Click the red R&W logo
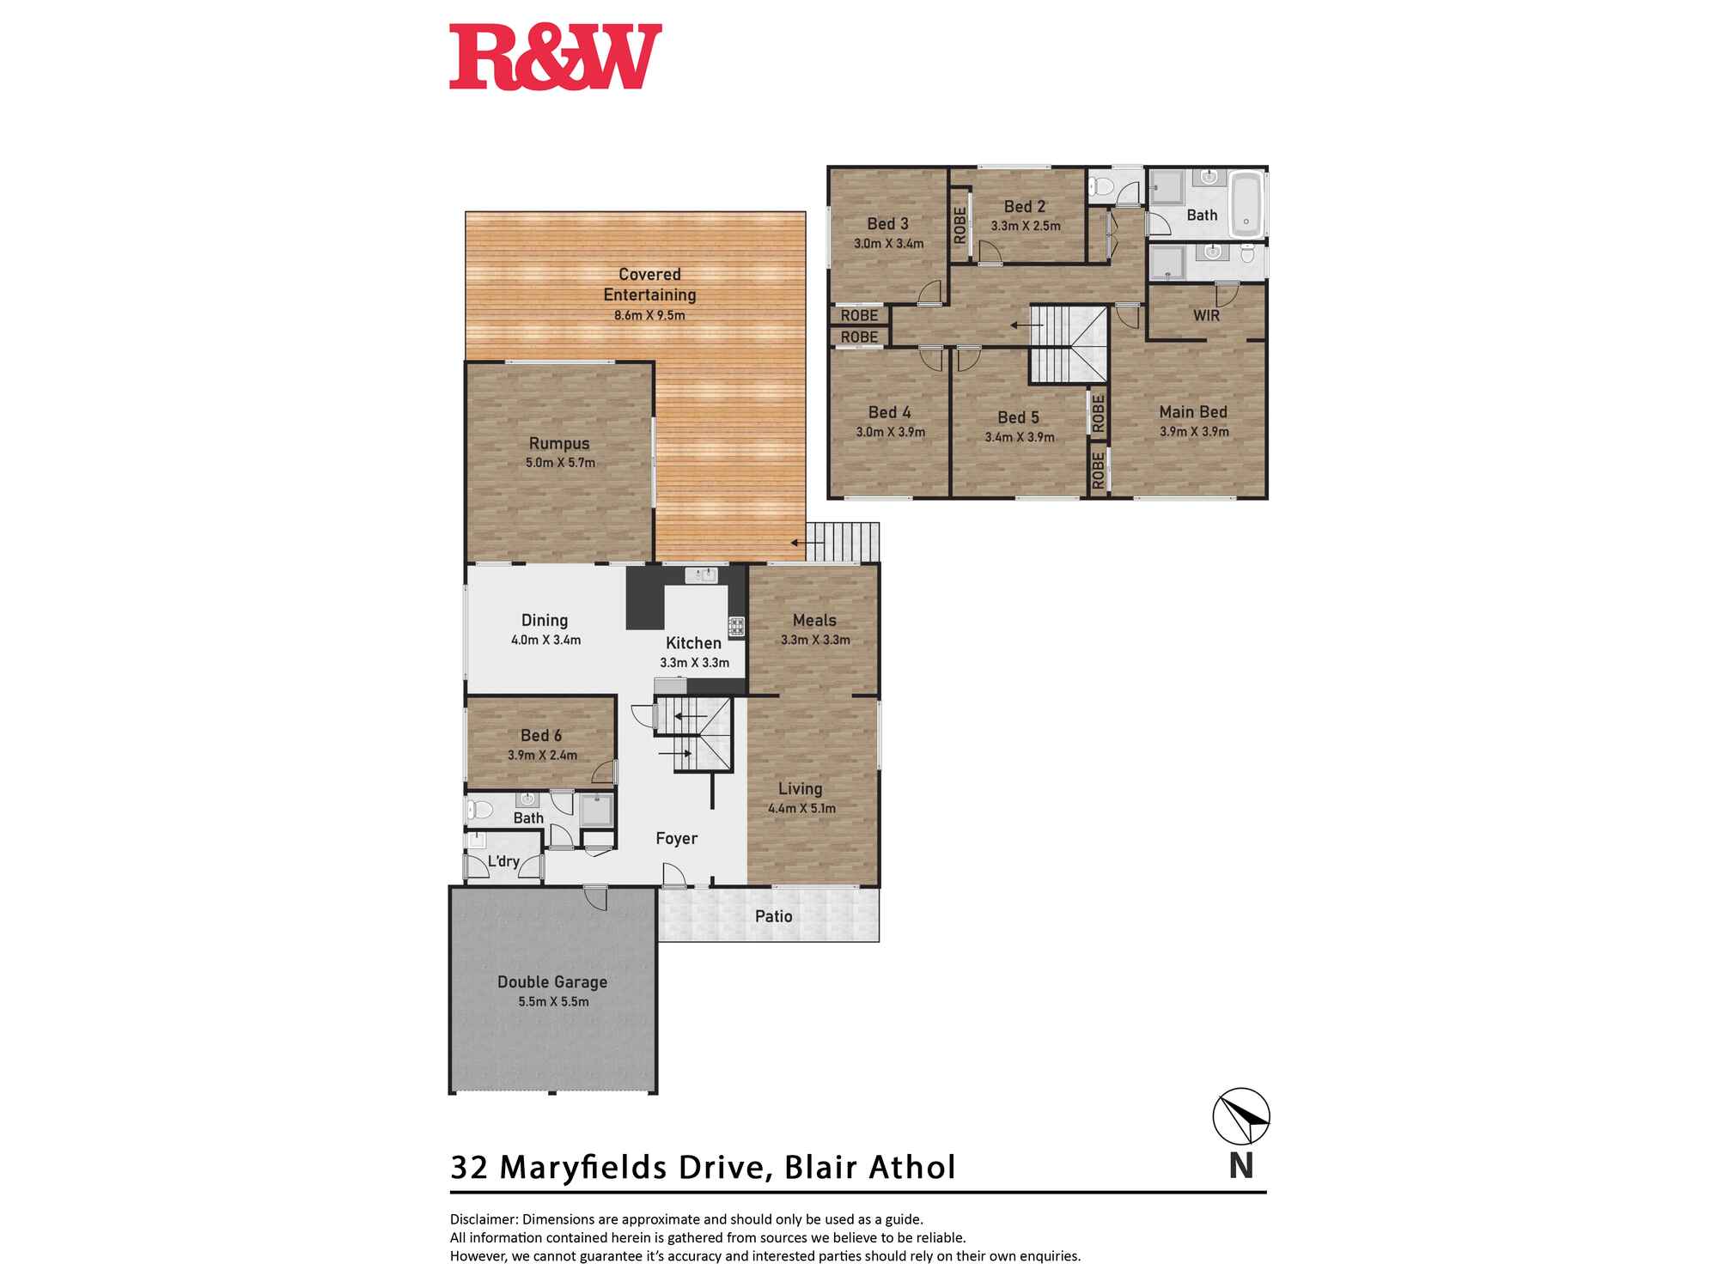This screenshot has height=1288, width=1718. pyautogui.click(x=555, y=57)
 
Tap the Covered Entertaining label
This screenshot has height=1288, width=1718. pyautogui.click(x=649, y=284)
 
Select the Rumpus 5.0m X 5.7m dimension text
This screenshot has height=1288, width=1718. pyautogui.click(x=560, y=463)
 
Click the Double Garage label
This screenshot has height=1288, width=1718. pyautogui.click(x=552, y=981)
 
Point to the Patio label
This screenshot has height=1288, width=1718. pyautogui.click(x=773, y=916)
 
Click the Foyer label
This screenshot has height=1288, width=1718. pyautogui.click(x=676, y=838)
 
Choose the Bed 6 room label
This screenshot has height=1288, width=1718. pyautogui.click(x=541, y=735)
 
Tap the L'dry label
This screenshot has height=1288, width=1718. pyautogui.click(x=503, y=861)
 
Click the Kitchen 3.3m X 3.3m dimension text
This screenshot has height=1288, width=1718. pyautogui.click(x=694, y=663)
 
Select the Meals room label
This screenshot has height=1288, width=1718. pyautogui.click(x=814, y=620)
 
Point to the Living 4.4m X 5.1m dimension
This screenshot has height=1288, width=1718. pyautogui.click(x=801, y=808)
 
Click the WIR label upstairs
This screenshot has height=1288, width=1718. pyautogui.click(x=1206, y=315)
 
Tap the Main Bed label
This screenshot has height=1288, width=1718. pyautogui.click(x=1193, y=412)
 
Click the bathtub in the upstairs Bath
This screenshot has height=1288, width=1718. pyautogui.click(x=1246, y=204)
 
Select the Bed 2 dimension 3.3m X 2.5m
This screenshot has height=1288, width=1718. pyautogui.click(x=1026, y=226)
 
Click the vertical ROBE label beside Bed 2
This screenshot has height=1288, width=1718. pyautogui.click(x=960, y=224)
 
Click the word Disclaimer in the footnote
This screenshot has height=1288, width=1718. pyautogui.click(x=483, y=1219)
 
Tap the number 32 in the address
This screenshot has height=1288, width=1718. pyautogui.click(x=469, y=1168)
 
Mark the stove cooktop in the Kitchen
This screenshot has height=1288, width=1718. pyautogui.click(x=736, y=626)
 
